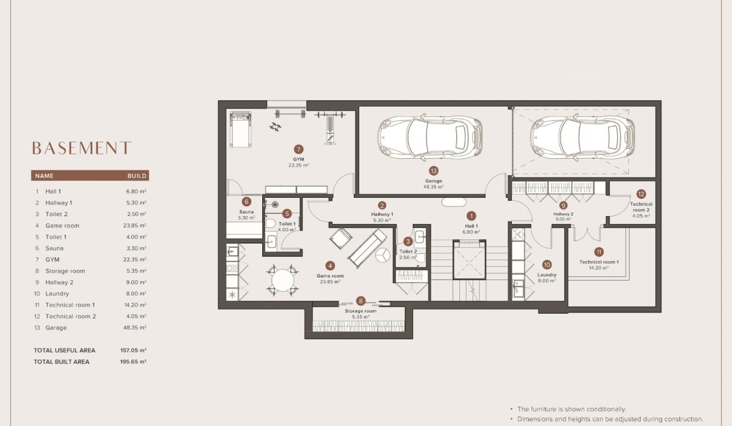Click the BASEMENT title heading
click(81, 148)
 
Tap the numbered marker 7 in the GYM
click(298, 149)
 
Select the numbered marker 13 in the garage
click(434, 171)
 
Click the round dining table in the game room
click(283, 280)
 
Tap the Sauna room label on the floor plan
click(246, 212)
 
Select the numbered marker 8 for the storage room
click(361, 301)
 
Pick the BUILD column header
click(137, 176)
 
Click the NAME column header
click(45, 176)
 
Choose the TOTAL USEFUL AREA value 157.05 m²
click(134, 351)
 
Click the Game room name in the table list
click(62, 226)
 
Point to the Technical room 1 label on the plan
click(598, 262)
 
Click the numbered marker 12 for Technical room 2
click(640, 193)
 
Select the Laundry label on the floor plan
click(547, 275)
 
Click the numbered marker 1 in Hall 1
click(471, 215)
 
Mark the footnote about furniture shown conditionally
click(571, 409)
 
